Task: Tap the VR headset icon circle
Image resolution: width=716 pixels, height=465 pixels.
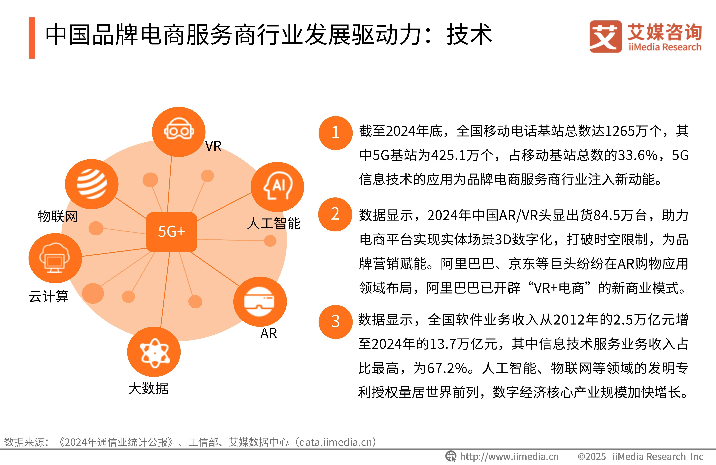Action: click(179, 132)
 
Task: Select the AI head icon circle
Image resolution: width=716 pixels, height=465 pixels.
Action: click(277, 187)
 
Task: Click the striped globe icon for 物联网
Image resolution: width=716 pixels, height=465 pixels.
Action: click(92, 184)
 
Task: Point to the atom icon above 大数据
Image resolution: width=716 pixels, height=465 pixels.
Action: click(154, 352)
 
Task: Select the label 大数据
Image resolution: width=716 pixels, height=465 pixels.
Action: click(148, 388)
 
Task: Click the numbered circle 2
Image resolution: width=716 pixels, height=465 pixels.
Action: click(335, 214)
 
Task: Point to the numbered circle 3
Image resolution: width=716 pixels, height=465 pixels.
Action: click(335, 322)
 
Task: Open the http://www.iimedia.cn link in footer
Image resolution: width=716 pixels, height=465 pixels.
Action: click(509, 457)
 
